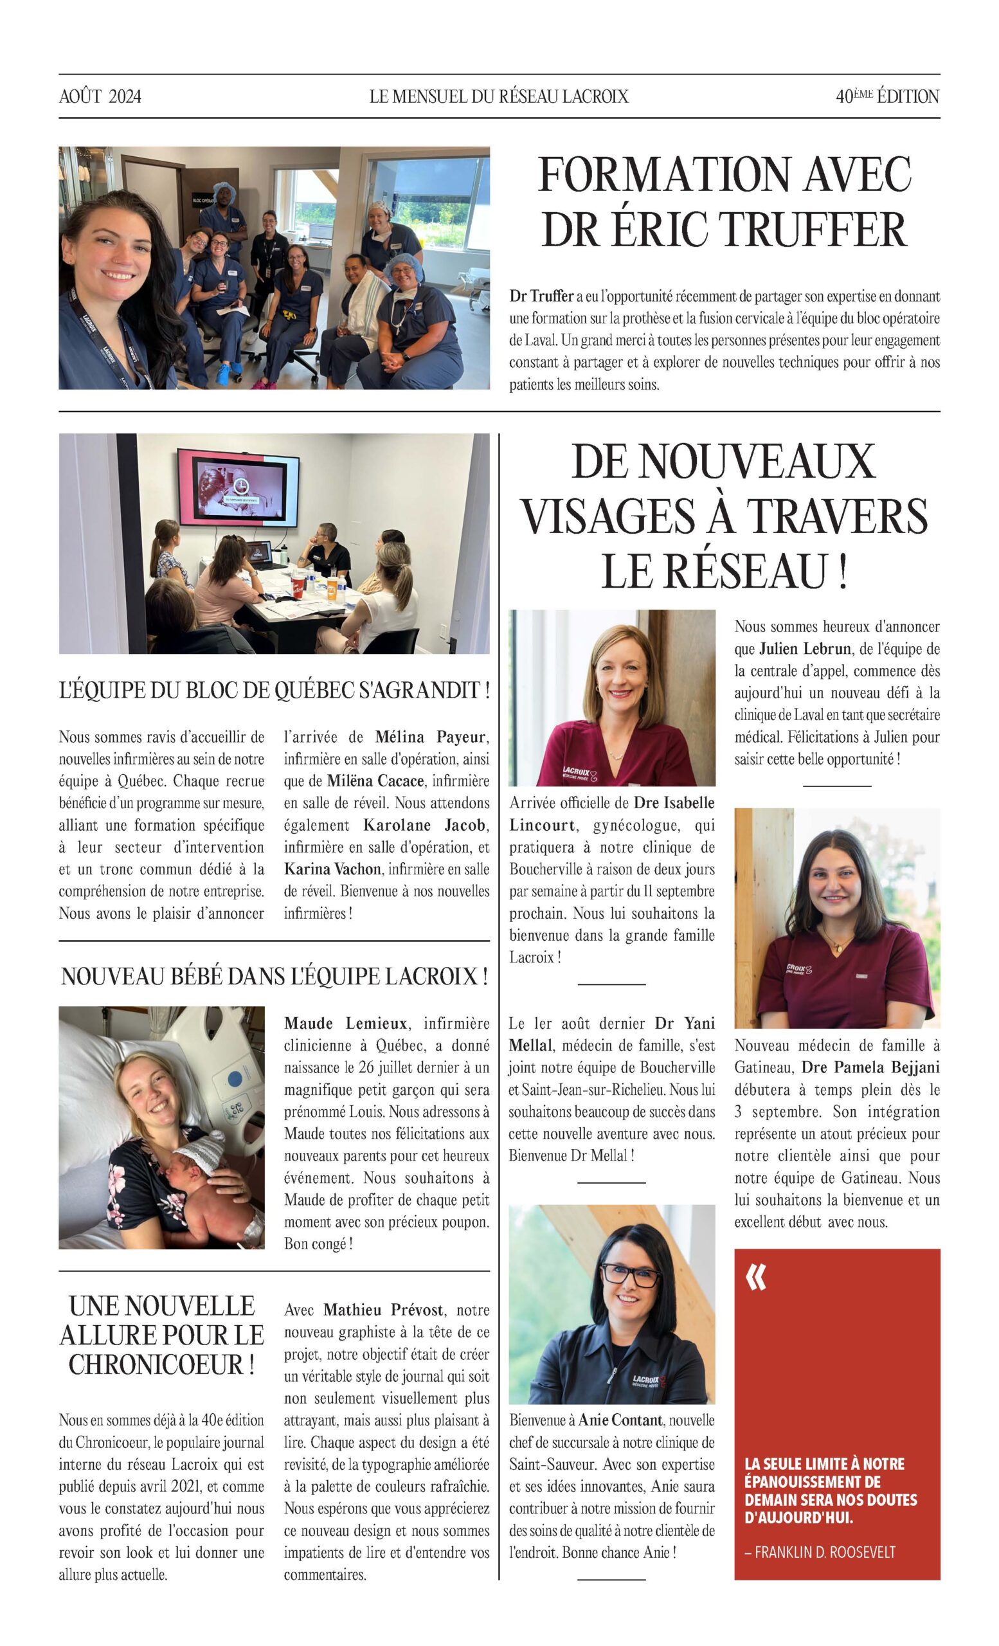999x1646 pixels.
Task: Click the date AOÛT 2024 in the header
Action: [100, 97]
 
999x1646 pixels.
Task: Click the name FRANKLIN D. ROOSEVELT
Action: [825, 1552]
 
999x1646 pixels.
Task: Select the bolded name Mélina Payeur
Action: [431, 737]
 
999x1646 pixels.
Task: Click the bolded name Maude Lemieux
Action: [345, 1023]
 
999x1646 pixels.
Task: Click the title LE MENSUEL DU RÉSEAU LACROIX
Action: [499, 97]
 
